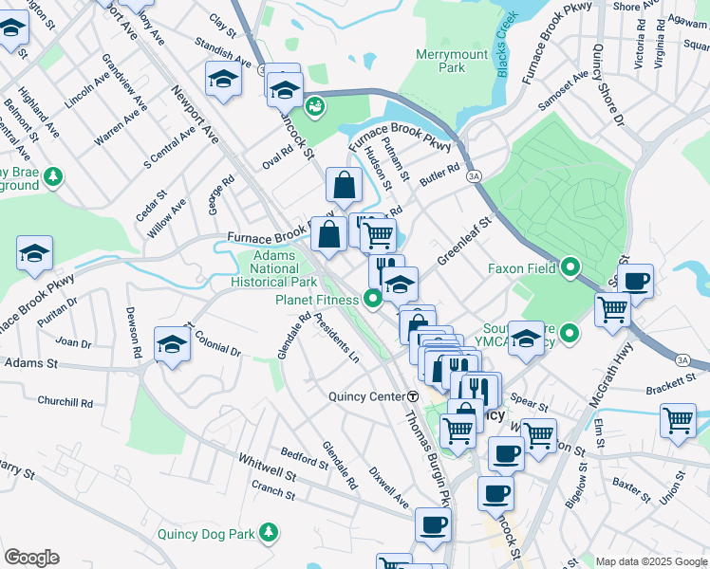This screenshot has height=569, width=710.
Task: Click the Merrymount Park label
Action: point(445,61)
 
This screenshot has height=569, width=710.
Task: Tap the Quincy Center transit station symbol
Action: point(413,395)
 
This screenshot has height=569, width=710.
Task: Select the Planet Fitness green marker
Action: point(373,301)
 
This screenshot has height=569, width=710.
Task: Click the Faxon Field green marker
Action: point(570,268)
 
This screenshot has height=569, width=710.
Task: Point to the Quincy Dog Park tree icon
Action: point(271,533)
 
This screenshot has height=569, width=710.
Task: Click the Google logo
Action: point(31,558)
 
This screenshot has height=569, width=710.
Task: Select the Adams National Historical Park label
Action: point(273,268)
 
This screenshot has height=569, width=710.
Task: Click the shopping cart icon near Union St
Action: point(679,419)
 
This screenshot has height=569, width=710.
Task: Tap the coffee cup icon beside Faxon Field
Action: point(636,281)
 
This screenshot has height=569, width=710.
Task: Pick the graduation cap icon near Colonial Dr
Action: point(172,345)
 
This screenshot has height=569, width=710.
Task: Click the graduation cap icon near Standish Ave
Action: point(222,79)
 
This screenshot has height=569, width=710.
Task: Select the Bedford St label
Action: point(304,456)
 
